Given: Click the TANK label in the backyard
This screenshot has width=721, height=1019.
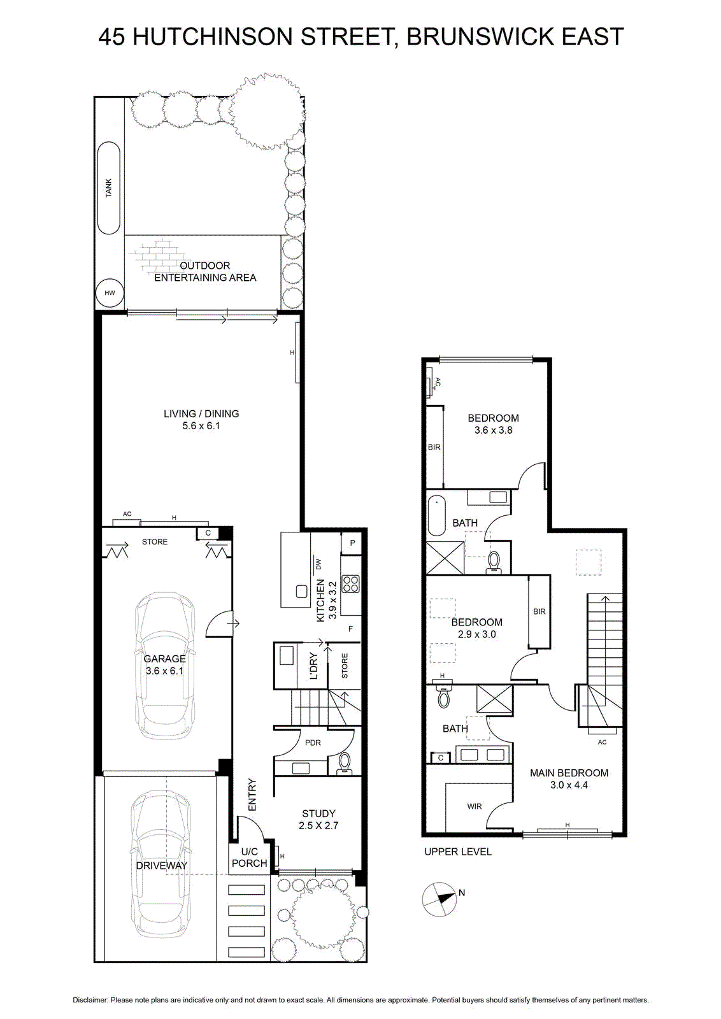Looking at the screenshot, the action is [x=109, y=187].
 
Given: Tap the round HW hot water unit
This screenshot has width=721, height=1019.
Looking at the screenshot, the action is [x=110, y=293].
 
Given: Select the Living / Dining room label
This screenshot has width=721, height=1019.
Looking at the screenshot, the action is [x=201, y=420].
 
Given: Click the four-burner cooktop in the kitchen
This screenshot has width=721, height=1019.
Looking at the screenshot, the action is [x=351, y=584].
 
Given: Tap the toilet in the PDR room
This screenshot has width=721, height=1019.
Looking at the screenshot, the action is [x=345, y=763].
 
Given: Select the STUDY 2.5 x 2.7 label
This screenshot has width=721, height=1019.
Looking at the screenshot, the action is [x=318, y=819].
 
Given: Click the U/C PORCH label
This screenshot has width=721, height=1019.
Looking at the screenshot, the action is [x=249, y=857].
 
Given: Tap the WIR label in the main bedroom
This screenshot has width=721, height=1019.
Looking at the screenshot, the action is [x=475, y=806].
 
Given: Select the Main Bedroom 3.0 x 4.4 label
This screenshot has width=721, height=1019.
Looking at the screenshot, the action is [x=569, y=778].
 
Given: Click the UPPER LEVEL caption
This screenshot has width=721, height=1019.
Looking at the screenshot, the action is [x=458, y=852].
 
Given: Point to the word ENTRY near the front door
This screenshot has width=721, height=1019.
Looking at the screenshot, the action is [x=252, y=795].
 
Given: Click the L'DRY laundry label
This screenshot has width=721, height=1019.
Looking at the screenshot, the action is [x=313, y=666].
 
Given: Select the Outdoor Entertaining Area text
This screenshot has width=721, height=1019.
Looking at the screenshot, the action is [x=205, y=271].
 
